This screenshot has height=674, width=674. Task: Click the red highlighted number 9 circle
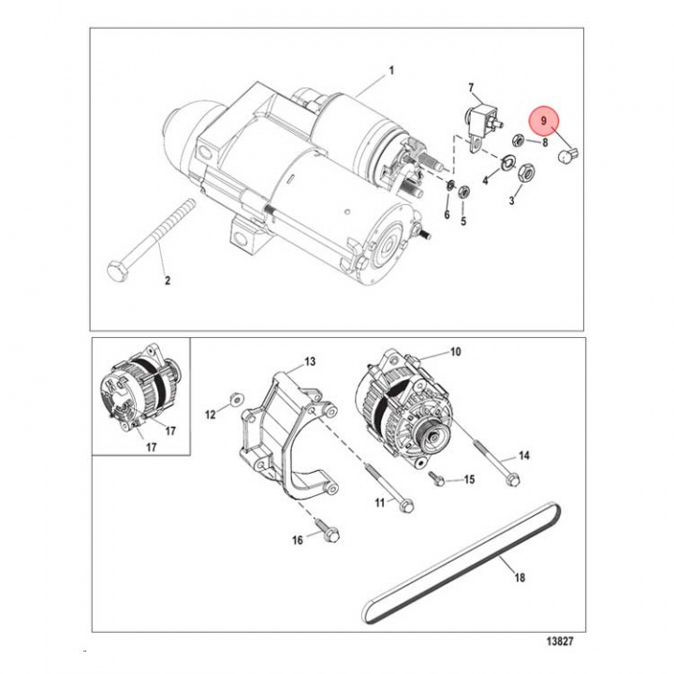(x=542, y=122)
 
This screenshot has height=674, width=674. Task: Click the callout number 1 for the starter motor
(x=391, y=71)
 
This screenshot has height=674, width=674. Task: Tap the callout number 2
(x=168, y=279)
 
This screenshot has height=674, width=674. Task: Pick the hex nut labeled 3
(x=526, y=172)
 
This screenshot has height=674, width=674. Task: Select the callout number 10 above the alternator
(x=456, y=353)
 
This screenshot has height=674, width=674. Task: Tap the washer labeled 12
(x=236, y=399)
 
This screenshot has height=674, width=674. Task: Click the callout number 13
(x=311, y=361)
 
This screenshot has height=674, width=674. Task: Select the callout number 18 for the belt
(x=520, y=578)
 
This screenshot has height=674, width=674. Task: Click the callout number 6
(x=447, y=215)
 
